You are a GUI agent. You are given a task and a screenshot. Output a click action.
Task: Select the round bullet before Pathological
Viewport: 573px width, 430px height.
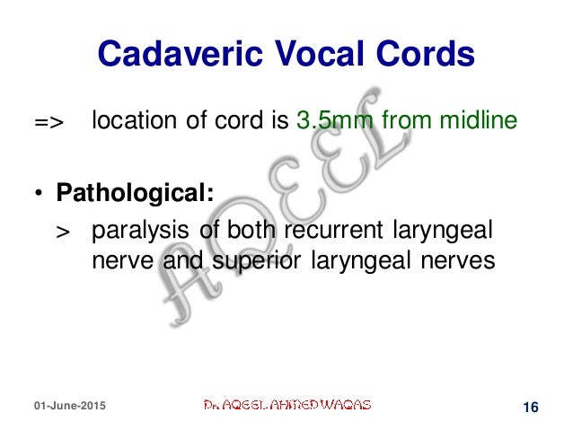tap(40, 194)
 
